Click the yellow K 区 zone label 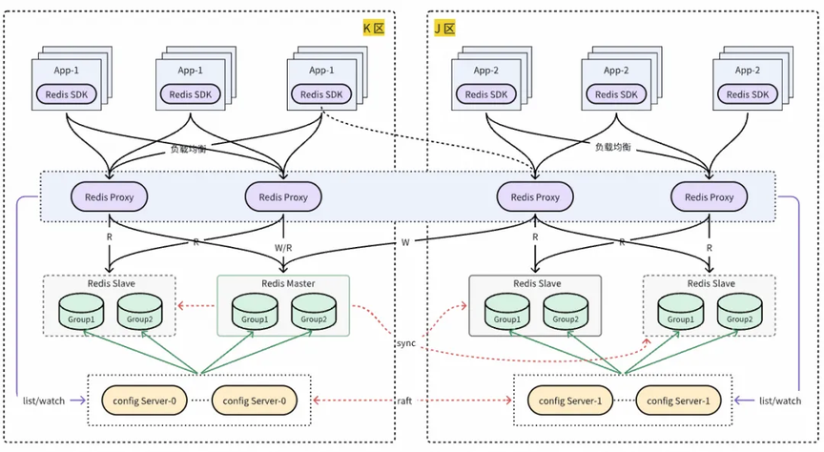click(x=374, y=29)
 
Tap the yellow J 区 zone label click(x=444, y=29)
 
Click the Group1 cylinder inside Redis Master click(x=254, y=311)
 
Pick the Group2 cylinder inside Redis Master click(x=312, y=311)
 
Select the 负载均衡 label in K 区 click(x=188, y=150)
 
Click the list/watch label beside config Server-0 click(x=44, y=401)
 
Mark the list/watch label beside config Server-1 click(x=780, y=401)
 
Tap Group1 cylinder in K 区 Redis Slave click(x=80, y=311)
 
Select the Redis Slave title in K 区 click(x=109, y=283)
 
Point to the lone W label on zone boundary click(x=404, y=242)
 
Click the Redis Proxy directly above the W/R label click(x=283, y=196)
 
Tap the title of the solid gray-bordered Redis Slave click(x=536, y=283)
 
